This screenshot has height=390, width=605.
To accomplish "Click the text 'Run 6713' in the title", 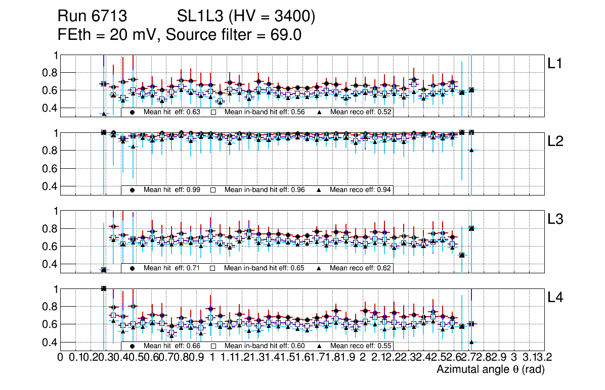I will [92, 17].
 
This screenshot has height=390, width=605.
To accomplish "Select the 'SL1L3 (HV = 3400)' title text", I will [246, 17].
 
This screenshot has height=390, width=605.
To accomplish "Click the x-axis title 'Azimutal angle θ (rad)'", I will [490, 370].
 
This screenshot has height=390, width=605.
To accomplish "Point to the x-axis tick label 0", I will [61, 358].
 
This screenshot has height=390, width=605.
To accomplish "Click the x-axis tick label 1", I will [212, 358].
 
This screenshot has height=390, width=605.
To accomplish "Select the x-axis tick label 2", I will [363, 358].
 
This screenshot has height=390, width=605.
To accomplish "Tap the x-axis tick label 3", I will [513, 358].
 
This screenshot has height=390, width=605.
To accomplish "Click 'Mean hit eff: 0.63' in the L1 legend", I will [172, 112].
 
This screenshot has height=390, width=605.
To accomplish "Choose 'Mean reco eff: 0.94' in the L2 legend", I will [360, 190].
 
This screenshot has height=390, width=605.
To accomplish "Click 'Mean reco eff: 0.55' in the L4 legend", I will [360, 346].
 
